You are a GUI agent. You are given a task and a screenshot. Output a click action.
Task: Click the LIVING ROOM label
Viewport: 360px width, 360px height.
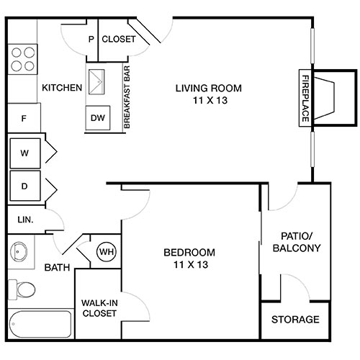click(209, 94)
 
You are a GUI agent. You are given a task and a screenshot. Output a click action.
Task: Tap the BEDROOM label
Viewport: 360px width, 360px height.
click(189, 258)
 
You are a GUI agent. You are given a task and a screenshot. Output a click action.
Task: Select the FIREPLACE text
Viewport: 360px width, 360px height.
click(305, 98)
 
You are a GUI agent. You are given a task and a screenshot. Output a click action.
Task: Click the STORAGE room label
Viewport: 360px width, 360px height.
click(295, 320)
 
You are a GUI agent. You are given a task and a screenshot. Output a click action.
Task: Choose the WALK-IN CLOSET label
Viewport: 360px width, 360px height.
click(99, 308)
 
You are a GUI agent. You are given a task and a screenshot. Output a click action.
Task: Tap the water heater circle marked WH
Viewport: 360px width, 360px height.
click(107, 252)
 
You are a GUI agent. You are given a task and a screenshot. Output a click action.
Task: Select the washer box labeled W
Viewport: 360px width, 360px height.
click(24, 153)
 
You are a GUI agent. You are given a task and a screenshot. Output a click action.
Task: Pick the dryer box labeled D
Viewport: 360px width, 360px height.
click(24, 186)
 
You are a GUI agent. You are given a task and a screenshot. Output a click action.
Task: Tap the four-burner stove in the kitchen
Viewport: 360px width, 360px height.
click(23, 59)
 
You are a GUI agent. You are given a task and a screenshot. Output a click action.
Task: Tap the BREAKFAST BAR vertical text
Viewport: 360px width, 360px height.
click(126, 97)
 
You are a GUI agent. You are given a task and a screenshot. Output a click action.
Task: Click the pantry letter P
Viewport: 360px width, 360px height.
click(91, 40)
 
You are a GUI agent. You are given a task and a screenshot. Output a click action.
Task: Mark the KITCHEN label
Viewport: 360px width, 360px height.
click(62, 88)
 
